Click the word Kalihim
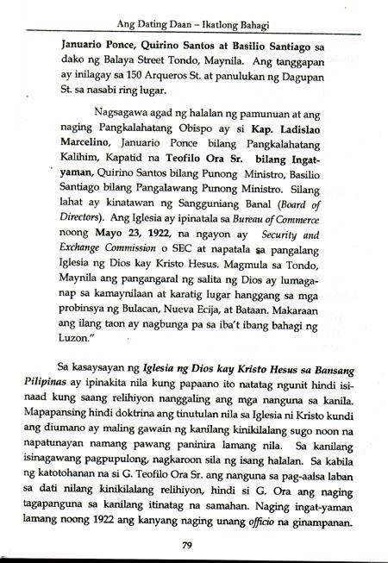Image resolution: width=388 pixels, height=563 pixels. (x=58, y=169)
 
